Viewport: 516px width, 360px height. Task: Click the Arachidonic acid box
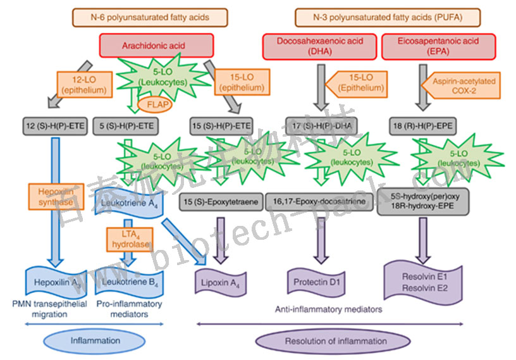click(156, 46)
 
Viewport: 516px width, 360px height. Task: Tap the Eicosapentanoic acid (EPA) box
click(429, 46)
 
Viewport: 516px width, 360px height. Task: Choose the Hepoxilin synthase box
click(55, 196)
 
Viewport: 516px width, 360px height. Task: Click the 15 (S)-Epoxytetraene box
click(219, 202)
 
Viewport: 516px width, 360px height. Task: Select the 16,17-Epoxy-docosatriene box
click(319, 202)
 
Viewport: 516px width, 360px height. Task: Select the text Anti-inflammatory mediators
click(329, 309)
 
